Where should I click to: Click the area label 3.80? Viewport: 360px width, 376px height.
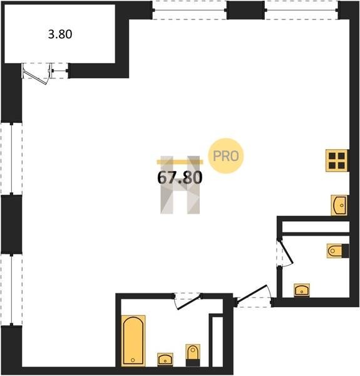(60, 34)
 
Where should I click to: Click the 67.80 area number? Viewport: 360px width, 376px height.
(180, 178)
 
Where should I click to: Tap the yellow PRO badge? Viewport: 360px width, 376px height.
(225, 156)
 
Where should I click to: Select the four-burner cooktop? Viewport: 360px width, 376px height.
(337, 160)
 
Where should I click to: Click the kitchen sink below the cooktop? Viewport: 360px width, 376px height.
(339, 205)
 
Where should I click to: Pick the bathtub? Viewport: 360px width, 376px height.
(133, 340)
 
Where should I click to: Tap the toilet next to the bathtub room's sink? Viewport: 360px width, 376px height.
(193, 355)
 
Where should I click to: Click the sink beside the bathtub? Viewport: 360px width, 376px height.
(165, 359)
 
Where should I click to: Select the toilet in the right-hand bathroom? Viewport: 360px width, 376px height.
(338, 251)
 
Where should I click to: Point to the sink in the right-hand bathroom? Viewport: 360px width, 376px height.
(302, 290)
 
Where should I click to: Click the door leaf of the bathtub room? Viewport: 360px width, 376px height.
(188, 303)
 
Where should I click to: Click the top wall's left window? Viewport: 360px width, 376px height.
(190, 10)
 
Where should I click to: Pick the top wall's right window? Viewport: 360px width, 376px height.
(301, 10)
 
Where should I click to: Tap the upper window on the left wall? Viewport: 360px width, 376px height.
(11, 159)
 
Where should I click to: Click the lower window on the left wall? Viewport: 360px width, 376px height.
(11, 290)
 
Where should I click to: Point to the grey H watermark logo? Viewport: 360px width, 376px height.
(180, 185)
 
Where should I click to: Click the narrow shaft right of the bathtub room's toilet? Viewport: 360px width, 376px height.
(217, 342)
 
